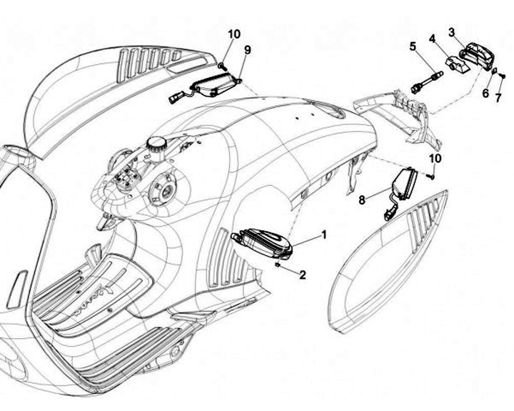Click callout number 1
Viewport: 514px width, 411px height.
coord(324,234)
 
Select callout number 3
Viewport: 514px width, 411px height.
coord(452,31)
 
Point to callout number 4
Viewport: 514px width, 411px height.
coord(432,38)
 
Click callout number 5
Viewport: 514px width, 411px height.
coord(413,46)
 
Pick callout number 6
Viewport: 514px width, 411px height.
coord(485,94)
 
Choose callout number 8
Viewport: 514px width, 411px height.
coord(363,201)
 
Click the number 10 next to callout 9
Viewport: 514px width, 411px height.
coord(235,34)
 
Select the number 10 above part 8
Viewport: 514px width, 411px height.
coord(435,157)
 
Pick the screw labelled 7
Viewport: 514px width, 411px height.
coord(502,74)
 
